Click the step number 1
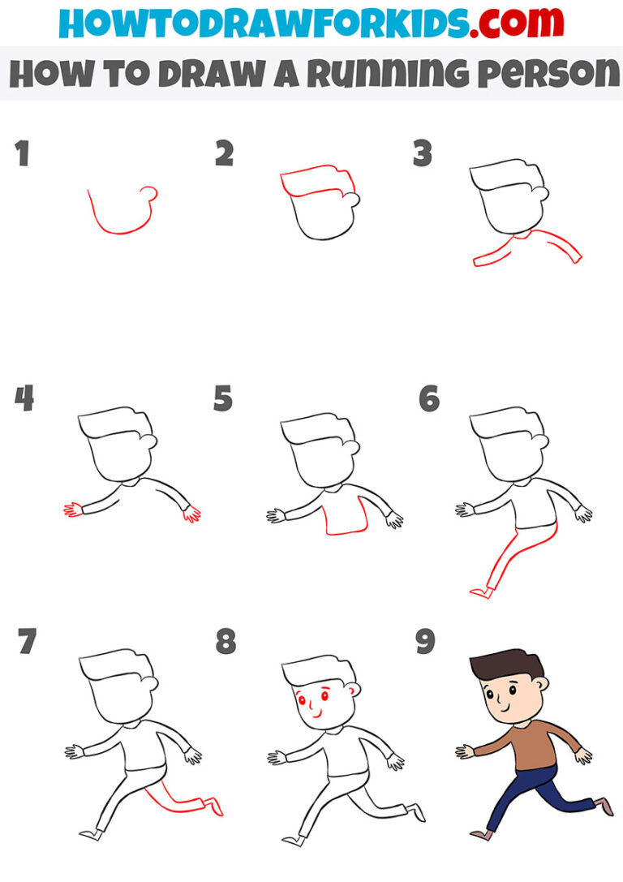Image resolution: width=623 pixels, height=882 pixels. point(22,153)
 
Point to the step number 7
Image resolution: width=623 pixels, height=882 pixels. point(27,643)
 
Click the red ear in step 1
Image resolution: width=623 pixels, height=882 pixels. point(148,192)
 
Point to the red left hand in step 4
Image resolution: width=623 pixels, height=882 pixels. point(72,510)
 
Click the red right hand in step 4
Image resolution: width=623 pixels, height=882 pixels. point(192,514)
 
